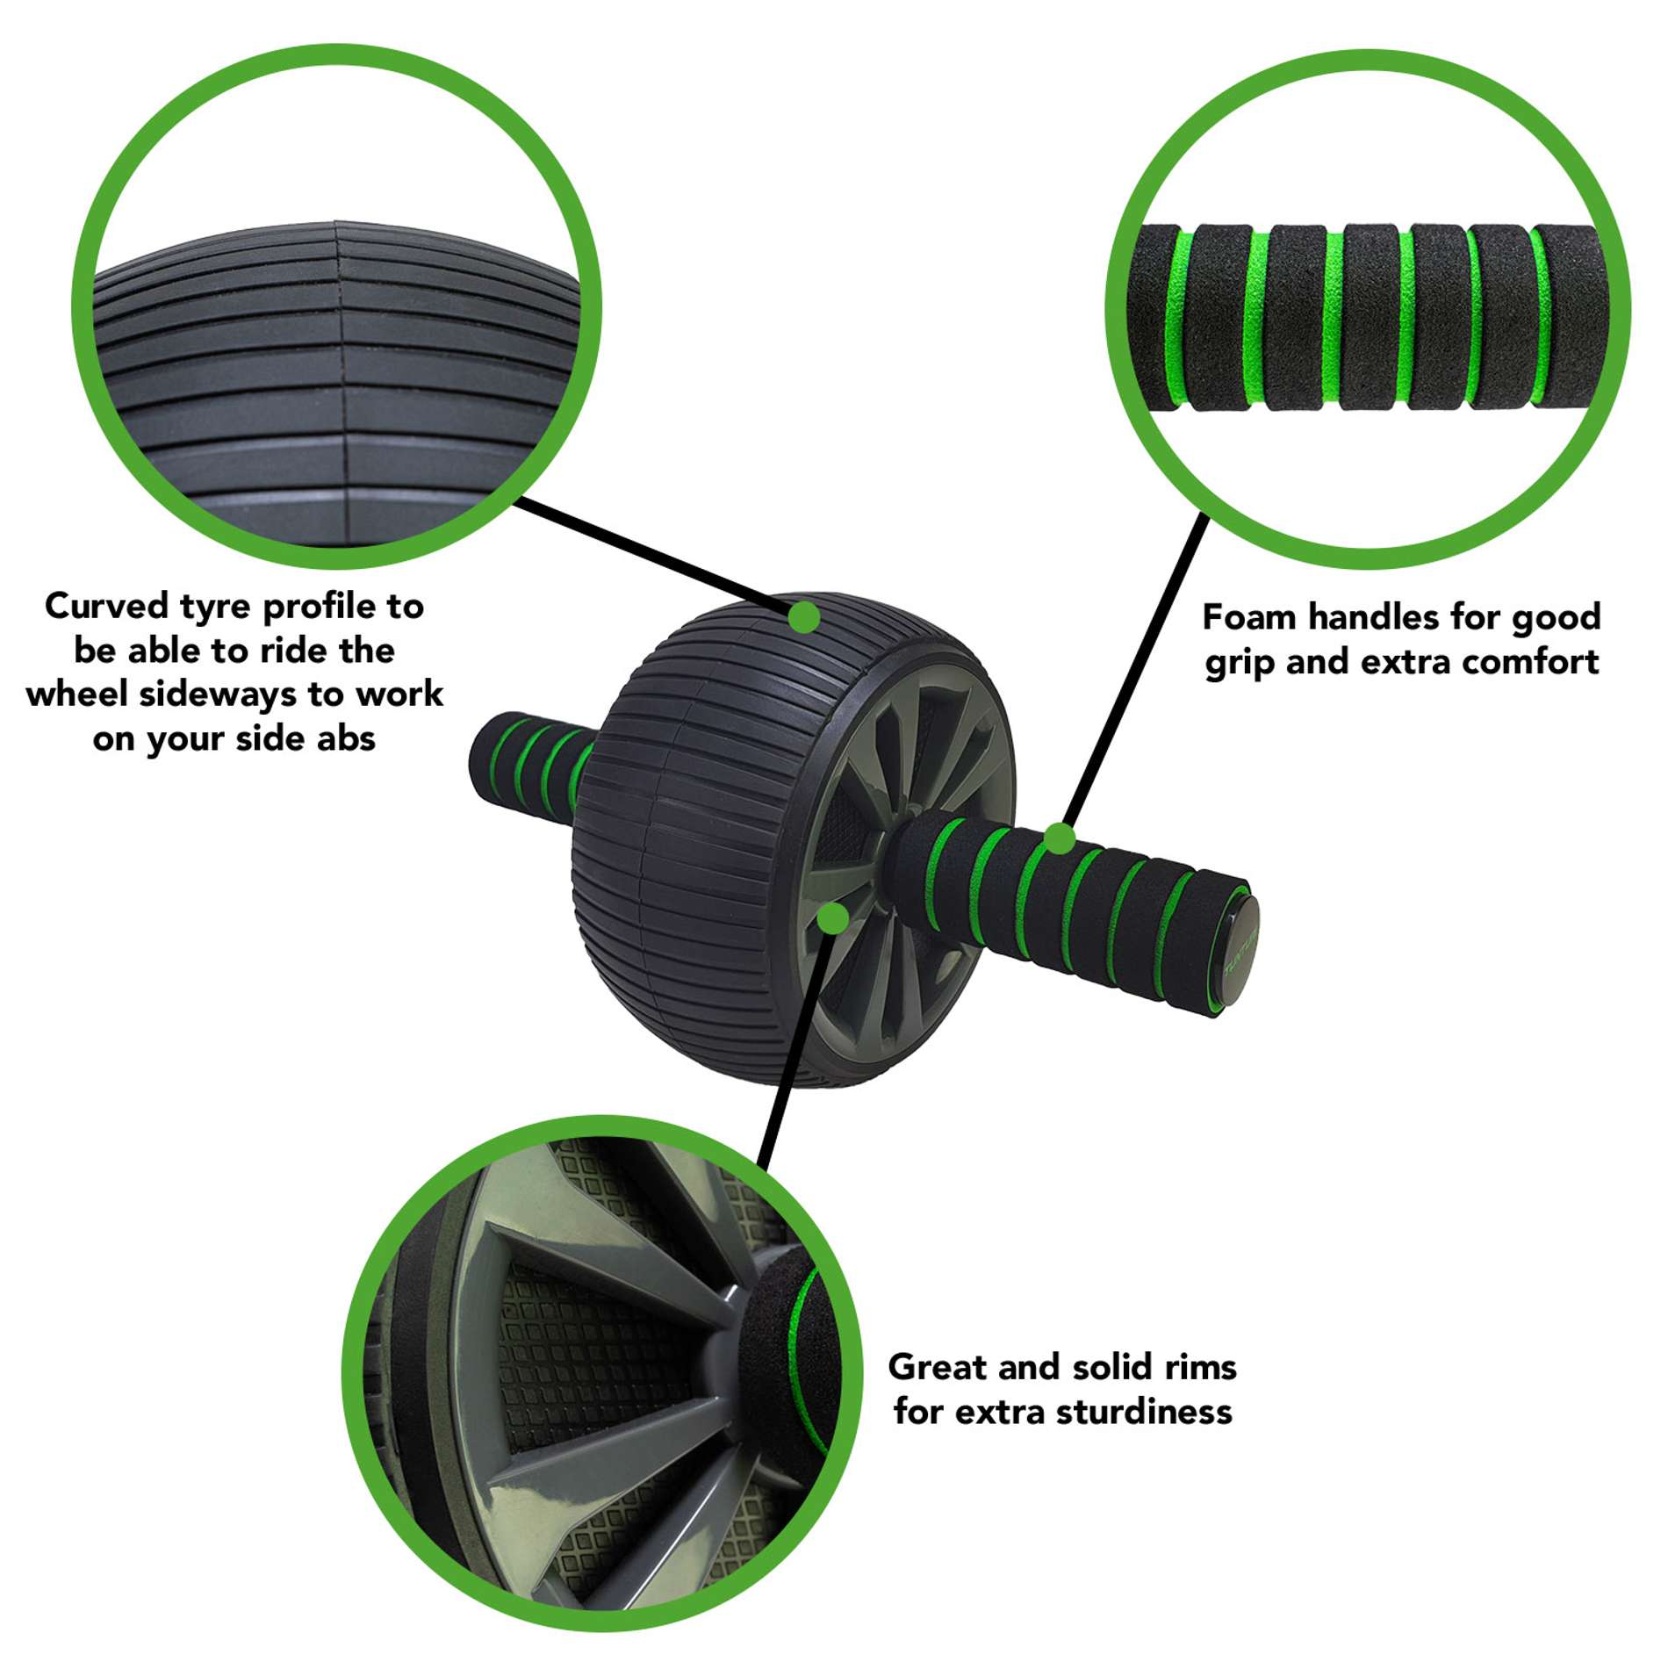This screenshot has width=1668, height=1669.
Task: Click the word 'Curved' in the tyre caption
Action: pos(106,606)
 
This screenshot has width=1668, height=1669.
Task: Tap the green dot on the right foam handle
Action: pos(1060,838)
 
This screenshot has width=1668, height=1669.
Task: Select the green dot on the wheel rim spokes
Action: pos(832,918)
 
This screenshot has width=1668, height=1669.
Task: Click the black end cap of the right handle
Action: pos(1239,957)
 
